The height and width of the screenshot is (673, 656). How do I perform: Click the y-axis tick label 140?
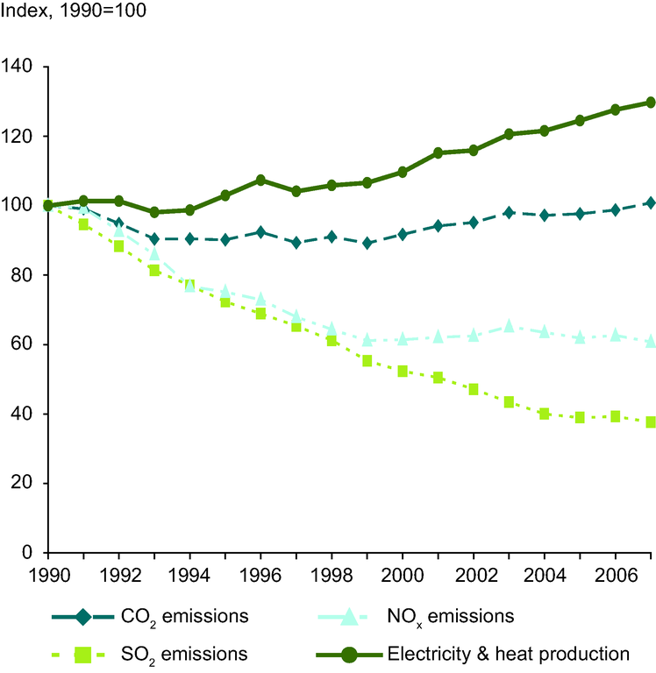point(19,67)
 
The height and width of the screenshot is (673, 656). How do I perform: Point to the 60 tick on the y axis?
point(24,344)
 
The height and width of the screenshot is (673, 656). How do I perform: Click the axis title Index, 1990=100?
point(74,12)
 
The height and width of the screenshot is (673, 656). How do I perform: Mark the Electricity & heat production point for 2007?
point(651,103)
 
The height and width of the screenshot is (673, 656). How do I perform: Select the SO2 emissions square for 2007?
point(651,422)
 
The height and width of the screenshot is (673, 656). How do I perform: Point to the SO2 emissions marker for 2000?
point(403,372)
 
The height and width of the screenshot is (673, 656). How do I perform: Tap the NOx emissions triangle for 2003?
point(509,325)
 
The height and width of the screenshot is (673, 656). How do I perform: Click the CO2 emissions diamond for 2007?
point(651,202)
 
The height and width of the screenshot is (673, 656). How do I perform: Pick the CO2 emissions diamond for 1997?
point(296,243)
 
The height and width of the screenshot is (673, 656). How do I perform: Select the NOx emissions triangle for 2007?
point(651,341)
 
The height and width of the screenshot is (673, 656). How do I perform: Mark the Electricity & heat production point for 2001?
point(438,153)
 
